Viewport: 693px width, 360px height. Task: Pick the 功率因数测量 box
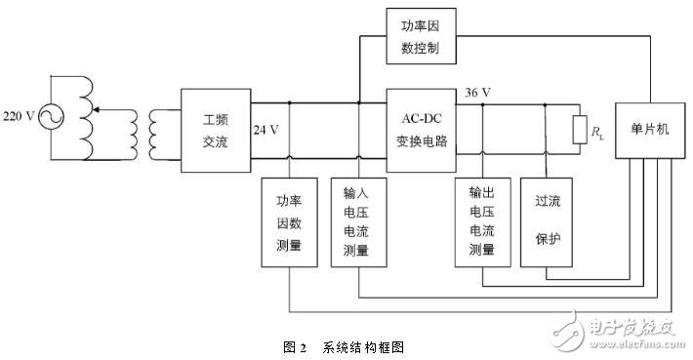point(290,221)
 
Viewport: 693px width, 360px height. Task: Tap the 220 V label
point(20,115)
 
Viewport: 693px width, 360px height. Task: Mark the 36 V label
point(479,93)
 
